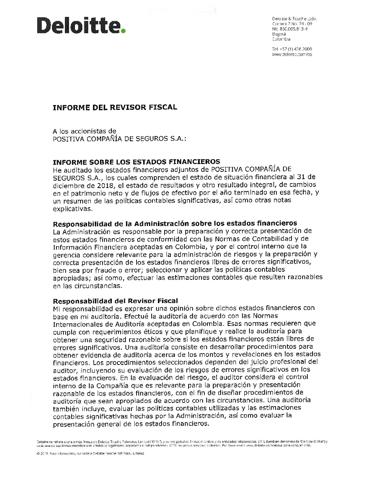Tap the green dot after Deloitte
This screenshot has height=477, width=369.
coord(123,31)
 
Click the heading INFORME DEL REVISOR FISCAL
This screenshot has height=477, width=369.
coord(115,107)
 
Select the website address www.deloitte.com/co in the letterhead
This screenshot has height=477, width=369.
coord(292,54)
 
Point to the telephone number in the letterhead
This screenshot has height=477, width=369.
coord(292,49)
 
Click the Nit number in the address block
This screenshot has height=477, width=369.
coord(290,29)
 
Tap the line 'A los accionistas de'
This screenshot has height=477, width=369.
coord(85,131)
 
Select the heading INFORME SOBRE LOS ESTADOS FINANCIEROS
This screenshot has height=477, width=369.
coord(136,161)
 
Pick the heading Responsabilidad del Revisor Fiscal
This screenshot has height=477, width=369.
coord(115,300)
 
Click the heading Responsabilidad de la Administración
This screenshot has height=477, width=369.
coord(175,223)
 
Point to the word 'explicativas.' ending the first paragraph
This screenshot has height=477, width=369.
coord(73,208)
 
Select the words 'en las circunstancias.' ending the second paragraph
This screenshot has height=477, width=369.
coord(87,286)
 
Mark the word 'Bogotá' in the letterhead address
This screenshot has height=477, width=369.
coord(279,34)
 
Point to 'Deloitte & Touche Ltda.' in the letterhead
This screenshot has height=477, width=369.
coord(294,18)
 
